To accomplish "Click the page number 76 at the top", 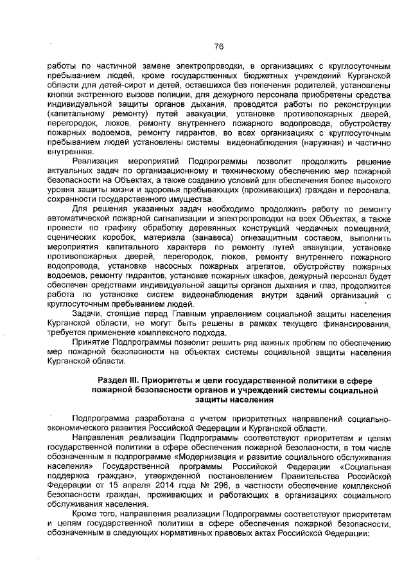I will pyautogui.click(x=218, y=46).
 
